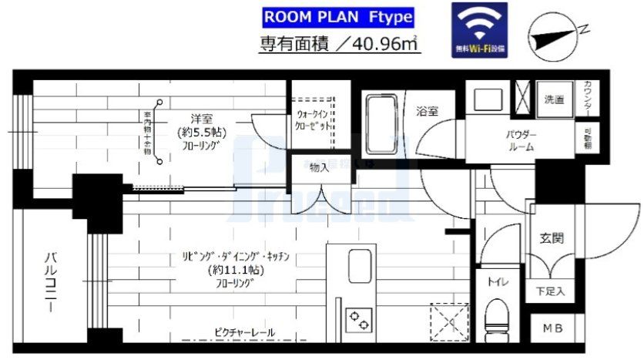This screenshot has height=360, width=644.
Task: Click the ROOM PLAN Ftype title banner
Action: click(337, 17)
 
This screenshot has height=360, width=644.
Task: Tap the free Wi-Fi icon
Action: click(479, 29)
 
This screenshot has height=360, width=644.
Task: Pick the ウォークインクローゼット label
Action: click(314, 121)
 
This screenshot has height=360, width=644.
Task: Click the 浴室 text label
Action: click(428, 111)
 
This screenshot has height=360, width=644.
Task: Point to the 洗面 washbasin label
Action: click(554, 100)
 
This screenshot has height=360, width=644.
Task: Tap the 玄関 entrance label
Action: click(552, 237)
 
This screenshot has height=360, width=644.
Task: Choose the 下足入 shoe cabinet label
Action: click(550, 291)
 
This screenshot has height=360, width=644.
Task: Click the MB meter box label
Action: click(552, 329)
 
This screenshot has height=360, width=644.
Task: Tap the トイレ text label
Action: click(497, 282)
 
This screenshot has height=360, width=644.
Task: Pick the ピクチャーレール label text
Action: click(244, 333)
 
